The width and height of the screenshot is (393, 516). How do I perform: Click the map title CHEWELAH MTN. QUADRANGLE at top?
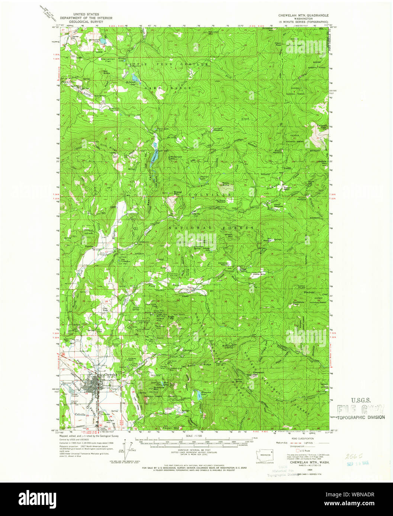point(304,16)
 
